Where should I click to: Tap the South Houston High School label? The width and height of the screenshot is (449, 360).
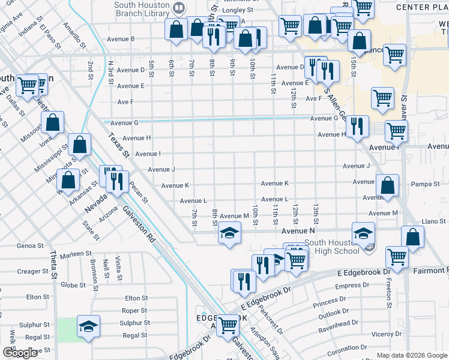click(x=333, y=247)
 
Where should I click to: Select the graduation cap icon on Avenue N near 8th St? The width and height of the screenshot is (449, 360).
click(x=229, y=233)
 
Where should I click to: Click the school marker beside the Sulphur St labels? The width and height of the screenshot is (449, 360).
click(x=88, y=326)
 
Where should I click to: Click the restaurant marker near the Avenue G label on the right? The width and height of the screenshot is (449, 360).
click(x=357, y=126)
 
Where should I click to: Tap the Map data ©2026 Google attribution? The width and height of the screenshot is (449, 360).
click(x=411, y=355)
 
